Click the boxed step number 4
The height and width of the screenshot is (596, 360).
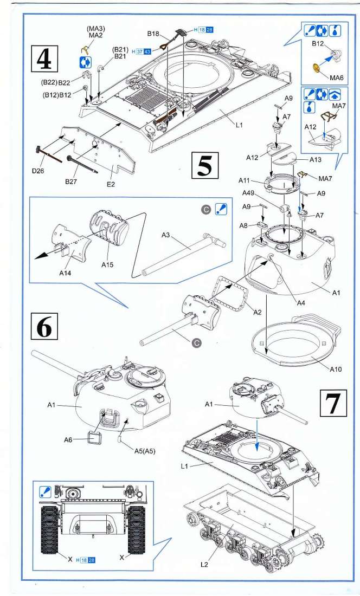click(44, 58)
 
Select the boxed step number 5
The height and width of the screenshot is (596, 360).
click(204, 165)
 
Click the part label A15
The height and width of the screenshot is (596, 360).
click(108, 265)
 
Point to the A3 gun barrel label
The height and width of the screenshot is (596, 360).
click(167, 235)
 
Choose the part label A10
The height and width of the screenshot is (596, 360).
click(336, 369)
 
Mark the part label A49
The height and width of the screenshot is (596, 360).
click(248, 193)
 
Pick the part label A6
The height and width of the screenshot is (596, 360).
click(68, 440)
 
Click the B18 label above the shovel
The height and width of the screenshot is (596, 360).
click(153, 34)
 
